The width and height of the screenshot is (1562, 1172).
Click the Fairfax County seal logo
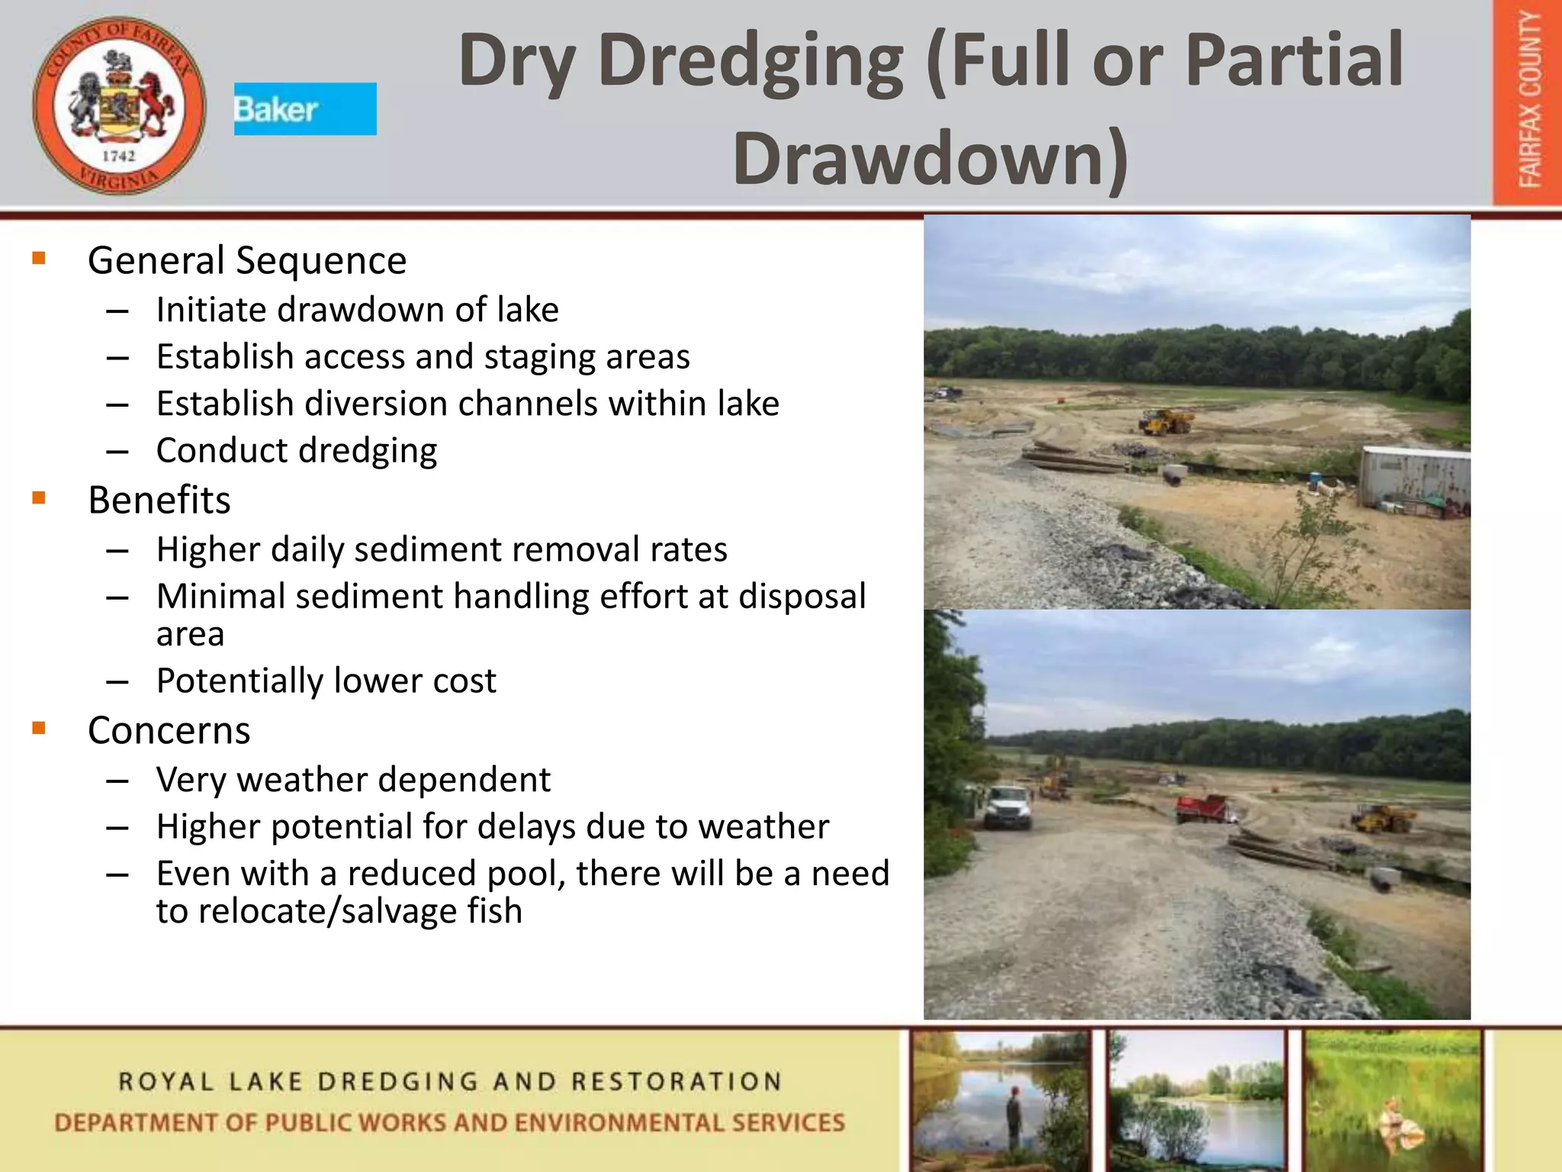tap(119, 105)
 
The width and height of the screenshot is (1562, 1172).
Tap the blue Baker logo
tap(304, 108)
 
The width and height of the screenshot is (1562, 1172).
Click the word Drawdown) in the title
tap(930, 157)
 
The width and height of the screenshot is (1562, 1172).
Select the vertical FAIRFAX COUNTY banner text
tap(1529, 101)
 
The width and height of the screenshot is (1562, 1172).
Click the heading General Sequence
tap(247, 260)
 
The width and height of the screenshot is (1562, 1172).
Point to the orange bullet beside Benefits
tap(39, 499)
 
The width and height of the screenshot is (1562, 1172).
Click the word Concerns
tap(169, 730)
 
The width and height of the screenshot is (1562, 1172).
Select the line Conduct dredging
tap(297, 450)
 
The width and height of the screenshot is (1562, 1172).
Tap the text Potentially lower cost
tap(326, 681)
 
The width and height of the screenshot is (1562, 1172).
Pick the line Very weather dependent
tap(353, 780)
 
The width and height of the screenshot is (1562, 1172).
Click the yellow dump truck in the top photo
tap(1165, 421)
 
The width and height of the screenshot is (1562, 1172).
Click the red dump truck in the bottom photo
tap(1203, 808)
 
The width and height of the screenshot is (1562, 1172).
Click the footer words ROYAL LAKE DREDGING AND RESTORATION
tap(450, 1081)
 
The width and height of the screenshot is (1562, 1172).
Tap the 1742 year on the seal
tap(119, 156)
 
